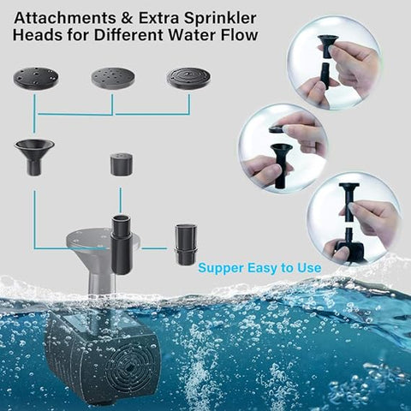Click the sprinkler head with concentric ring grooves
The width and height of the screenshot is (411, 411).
(x=190, y=79)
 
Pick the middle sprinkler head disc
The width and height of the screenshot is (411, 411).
(x=113, y=79)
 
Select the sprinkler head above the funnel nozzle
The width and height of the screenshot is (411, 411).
(x=35, y=79)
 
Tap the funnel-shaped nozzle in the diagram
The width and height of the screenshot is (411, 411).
(x=34, y=155)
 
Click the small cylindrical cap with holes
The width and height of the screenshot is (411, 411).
(x=121, y=163)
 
